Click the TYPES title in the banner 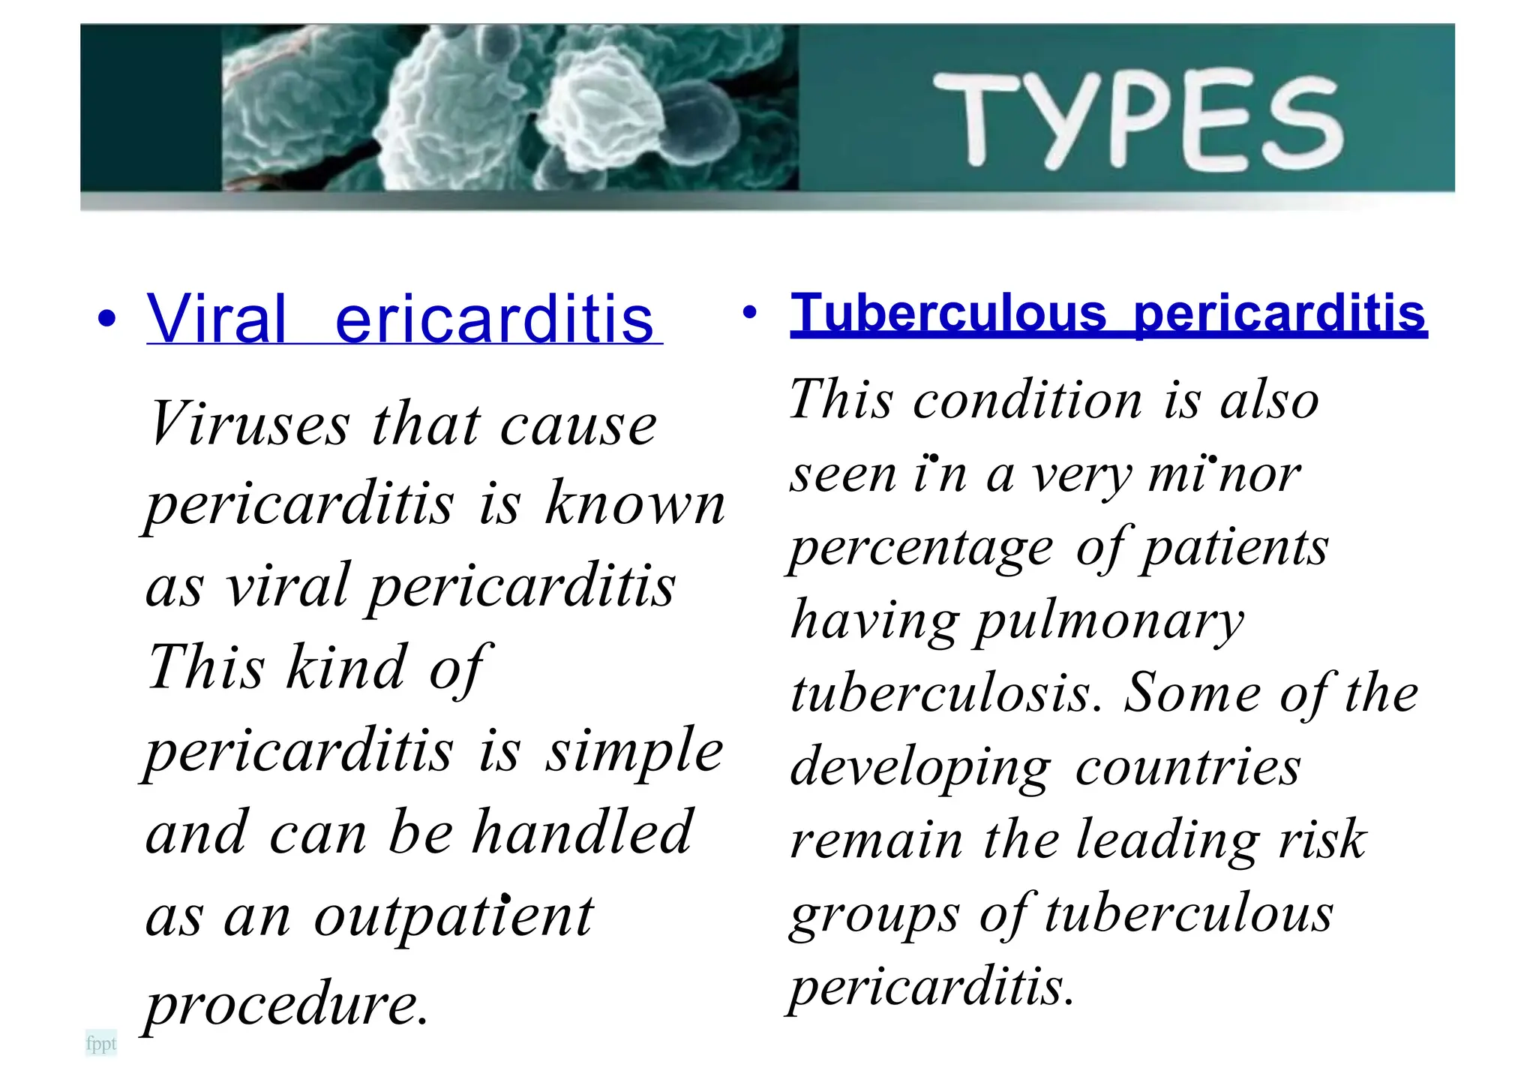[1137, 120]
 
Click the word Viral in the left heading [217, 319]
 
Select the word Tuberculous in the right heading [949, 314]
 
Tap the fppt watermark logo [101, 1043]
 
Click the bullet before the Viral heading [107, 318]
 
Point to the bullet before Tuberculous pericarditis [748, 311]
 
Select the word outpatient [453, 917]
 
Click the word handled [581, 833]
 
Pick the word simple [634, 751]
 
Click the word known [635, 504]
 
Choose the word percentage [922, 549]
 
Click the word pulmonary [1108, 622]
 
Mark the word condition [1027, 400]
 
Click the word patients [1234, 549]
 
